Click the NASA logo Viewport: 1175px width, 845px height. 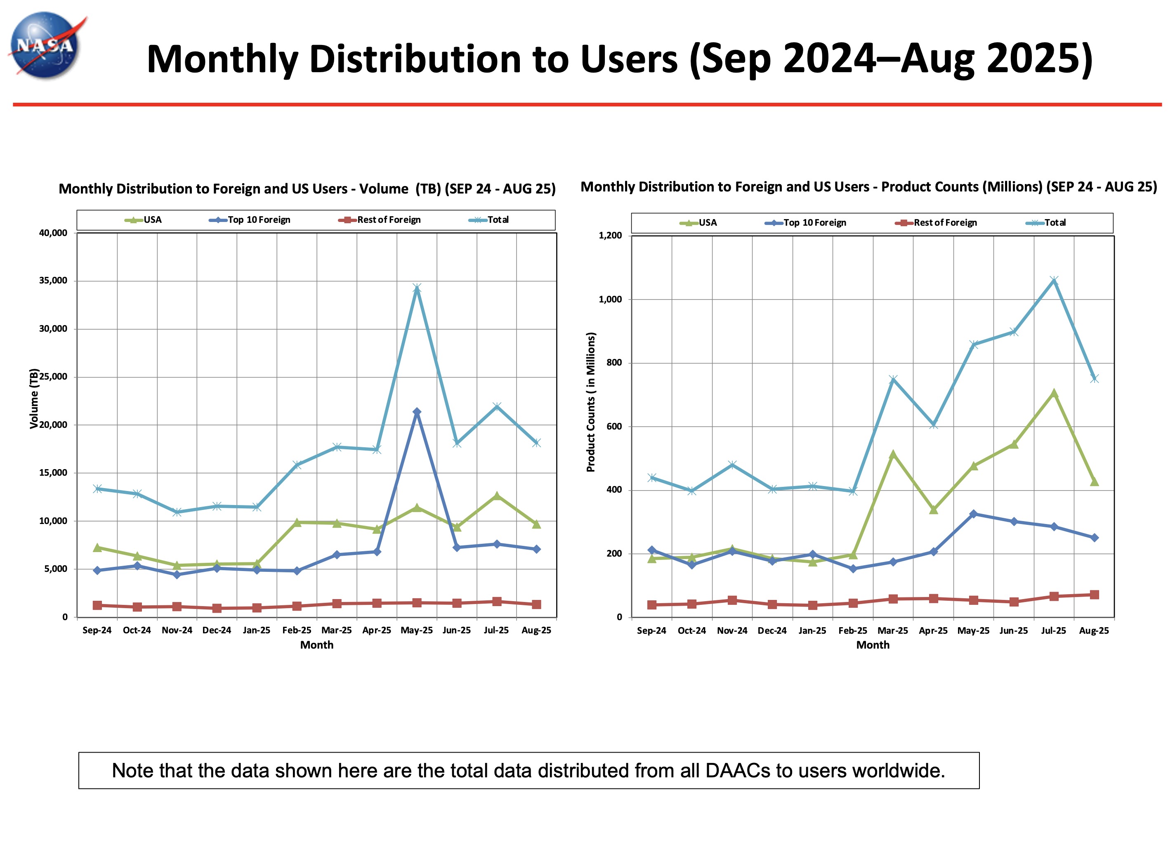[x=46, y=45]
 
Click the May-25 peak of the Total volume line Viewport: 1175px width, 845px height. [x=417, y=288]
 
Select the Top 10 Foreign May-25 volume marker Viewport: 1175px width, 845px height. [x=417, y=412]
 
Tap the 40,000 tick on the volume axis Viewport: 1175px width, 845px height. [x=53, y=233]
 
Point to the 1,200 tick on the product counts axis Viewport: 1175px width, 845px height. [x=610, y=236]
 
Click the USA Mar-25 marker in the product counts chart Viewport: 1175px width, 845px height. [x=893, y=455]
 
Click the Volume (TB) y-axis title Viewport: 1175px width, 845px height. [x=34, y=398]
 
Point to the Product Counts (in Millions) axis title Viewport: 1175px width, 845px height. [x=591, y=402]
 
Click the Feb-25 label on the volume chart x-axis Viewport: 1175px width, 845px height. [x=296, y=630]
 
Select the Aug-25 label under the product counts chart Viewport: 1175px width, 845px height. [x=1094, y=630]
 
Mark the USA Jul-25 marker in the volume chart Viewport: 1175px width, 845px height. [x=497, y=496]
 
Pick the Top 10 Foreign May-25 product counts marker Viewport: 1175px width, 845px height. [x=974, y=514]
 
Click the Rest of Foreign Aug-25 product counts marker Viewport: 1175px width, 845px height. [x=1094, y=595]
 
